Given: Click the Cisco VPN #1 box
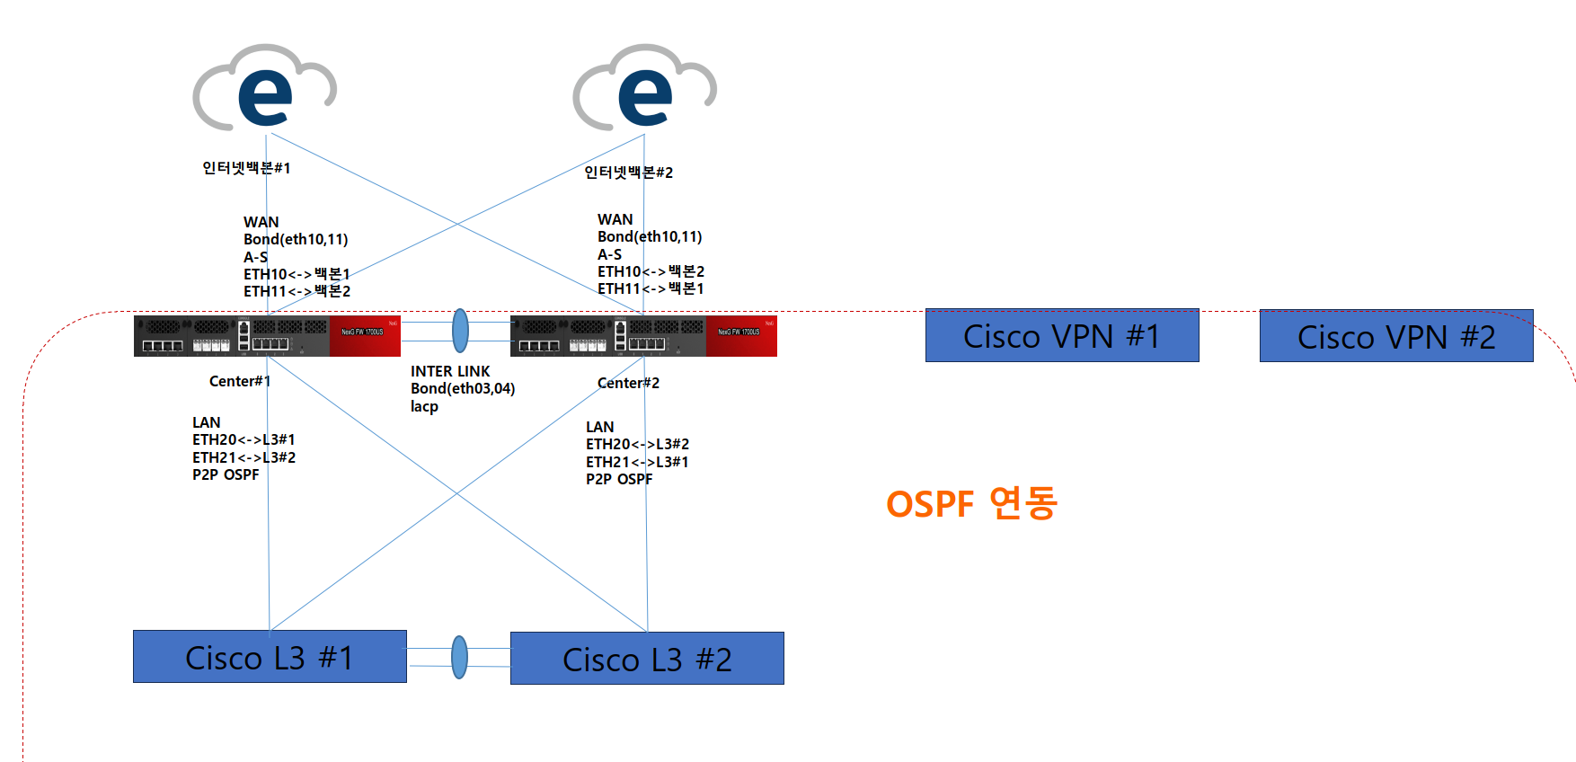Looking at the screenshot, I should tap(1062, 336).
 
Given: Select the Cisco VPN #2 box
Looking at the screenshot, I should tap(1396, 337).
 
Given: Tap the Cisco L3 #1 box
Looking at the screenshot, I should tap(270, 657).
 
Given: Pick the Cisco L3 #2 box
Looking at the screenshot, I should tap(647, 659).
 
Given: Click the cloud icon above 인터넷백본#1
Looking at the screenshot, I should tap(264, 87).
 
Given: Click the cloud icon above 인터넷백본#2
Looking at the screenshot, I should tap(644, 87).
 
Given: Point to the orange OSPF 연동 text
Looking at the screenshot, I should tap(971, 503).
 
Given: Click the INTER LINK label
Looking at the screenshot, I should tap(450, 371).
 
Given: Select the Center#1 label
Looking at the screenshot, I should tap(240, 381).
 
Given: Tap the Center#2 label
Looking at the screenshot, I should tap(628, 383).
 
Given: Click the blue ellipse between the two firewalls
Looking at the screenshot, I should tap(460, 331).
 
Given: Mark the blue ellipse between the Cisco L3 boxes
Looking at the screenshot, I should tap(459, 657).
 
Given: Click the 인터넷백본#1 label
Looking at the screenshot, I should tap(246, 168).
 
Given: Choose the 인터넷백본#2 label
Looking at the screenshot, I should tap(628, 173).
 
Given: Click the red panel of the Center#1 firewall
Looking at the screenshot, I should tap(365, 336).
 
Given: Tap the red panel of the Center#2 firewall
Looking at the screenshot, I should tap(741, 336).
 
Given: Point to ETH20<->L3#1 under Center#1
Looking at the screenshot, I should tap(243, 439).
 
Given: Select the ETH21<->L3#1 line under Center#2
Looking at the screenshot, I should tap(637, 462).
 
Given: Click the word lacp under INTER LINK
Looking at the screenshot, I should tap(424, 406).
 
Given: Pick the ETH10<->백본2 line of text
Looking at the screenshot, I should tap(651, 271).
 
